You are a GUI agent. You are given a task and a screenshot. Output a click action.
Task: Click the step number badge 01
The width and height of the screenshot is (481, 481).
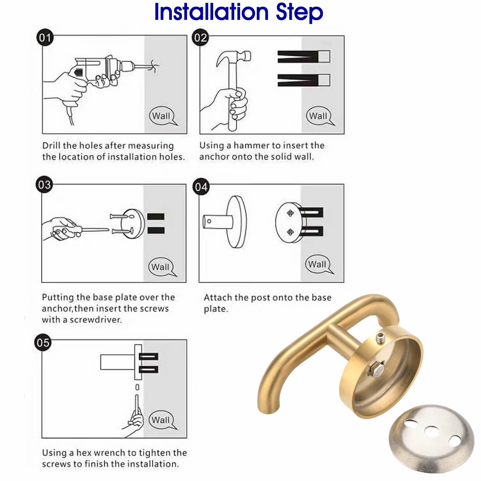pyautogui.click(x=45, y=38)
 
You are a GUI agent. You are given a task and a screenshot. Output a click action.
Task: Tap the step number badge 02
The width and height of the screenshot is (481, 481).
pyautogui.click(x=200, y=38)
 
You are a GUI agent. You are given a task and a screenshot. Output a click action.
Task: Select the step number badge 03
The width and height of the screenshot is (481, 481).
pyautogui.click(x=44, y=185)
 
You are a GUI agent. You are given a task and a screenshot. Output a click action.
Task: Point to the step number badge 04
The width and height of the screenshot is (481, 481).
pyautogui.click(x=201, y=187)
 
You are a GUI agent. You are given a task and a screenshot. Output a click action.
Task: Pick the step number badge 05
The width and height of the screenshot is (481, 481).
pyautogui.click(x=43, y=342)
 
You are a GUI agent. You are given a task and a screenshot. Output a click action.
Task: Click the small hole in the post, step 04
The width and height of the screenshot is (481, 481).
pyautogui.click(x=209, y=221)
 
